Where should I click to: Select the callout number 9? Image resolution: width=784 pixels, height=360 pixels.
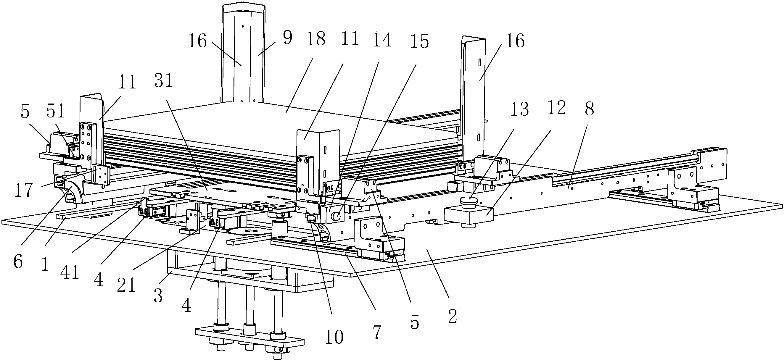(287, 38)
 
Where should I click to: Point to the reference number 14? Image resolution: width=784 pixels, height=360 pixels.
(382, 40)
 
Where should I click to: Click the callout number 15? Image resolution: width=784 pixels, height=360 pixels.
(419, 41)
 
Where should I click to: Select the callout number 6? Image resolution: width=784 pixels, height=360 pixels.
(18, 262)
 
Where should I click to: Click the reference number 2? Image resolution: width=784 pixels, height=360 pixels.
(453, 317)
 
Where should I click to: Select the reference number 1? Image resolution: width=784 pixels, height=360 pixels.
(45, 265)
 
